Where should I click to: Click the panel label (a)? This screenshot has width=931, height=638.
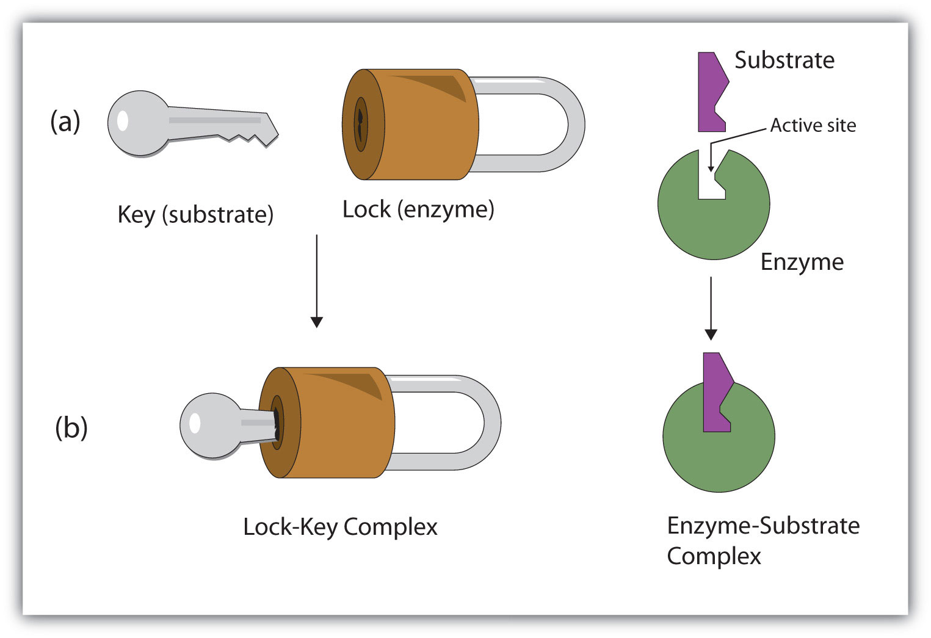pos(65,121)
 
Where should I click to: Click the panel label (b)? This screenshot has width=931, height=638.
pos(71,427)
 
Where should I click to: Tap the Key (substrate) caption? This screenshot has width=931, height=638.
pos(195,215)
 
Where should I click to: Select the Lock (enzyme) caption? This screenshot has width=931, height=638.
pos(418,209)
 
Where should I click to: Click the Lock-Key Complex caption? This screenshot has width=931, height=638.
pos(340,527)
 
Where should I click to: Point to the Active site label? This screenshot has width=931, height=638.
pos(813,125)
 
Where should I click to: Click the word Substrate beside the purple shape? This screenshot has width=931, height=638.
pos(784,60)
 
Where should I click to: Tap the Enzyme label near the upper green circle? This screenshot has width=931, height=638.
pos(802,262)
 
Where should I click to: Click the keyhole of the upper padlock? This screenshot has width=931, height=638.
pos(361,124)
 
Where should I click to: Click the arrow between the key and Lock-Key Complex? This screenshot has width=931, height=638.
pos(316,281)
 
